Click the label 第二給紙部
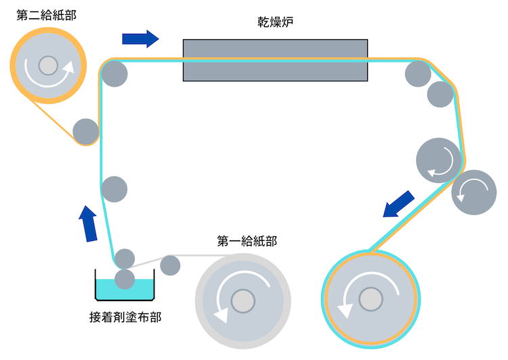(46, 14)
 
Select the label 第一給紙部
(247, 240)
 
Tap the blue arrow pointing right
(140, 38)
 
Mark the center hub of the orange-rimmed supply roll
(48, 65)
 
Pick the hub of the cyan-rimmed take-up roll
(370, 298)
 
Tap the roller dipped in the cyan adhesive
(125, 279)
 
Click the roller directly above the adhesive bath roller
(125, 258)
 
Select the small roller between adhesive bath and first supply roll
(170, 265)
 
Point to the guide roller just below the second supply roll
(86, 131)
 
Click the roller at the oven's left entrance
(115, 73)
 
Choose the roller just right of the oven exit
(418, 74)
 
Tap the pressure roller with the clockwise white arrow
(439, 161)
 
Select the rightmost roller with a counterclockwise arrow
(474, 192)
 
